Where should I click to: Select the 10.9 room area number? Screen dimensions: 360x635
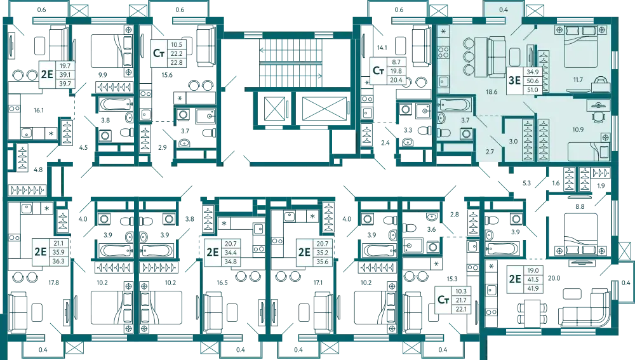[577, 130]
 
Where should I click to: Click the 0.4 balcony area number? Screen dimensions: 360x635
[504, 10]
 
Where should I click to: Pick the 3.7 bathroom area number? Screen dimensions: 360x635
[465, 120]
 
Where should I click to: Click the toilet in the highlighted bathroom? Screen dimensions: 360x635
[445, 133]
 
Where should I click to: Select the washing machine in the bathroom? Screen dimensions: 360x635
[465, 134]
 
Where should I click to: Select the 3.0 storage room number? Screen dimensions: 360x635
[512, 141]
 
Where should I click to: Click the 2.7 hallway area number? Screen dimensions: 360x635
[488, 151]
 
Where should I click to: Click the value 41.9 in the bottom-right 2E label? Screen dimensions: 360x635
[532, 288]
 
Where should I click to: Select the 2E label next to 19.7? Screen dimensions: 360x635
[46, 74]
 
